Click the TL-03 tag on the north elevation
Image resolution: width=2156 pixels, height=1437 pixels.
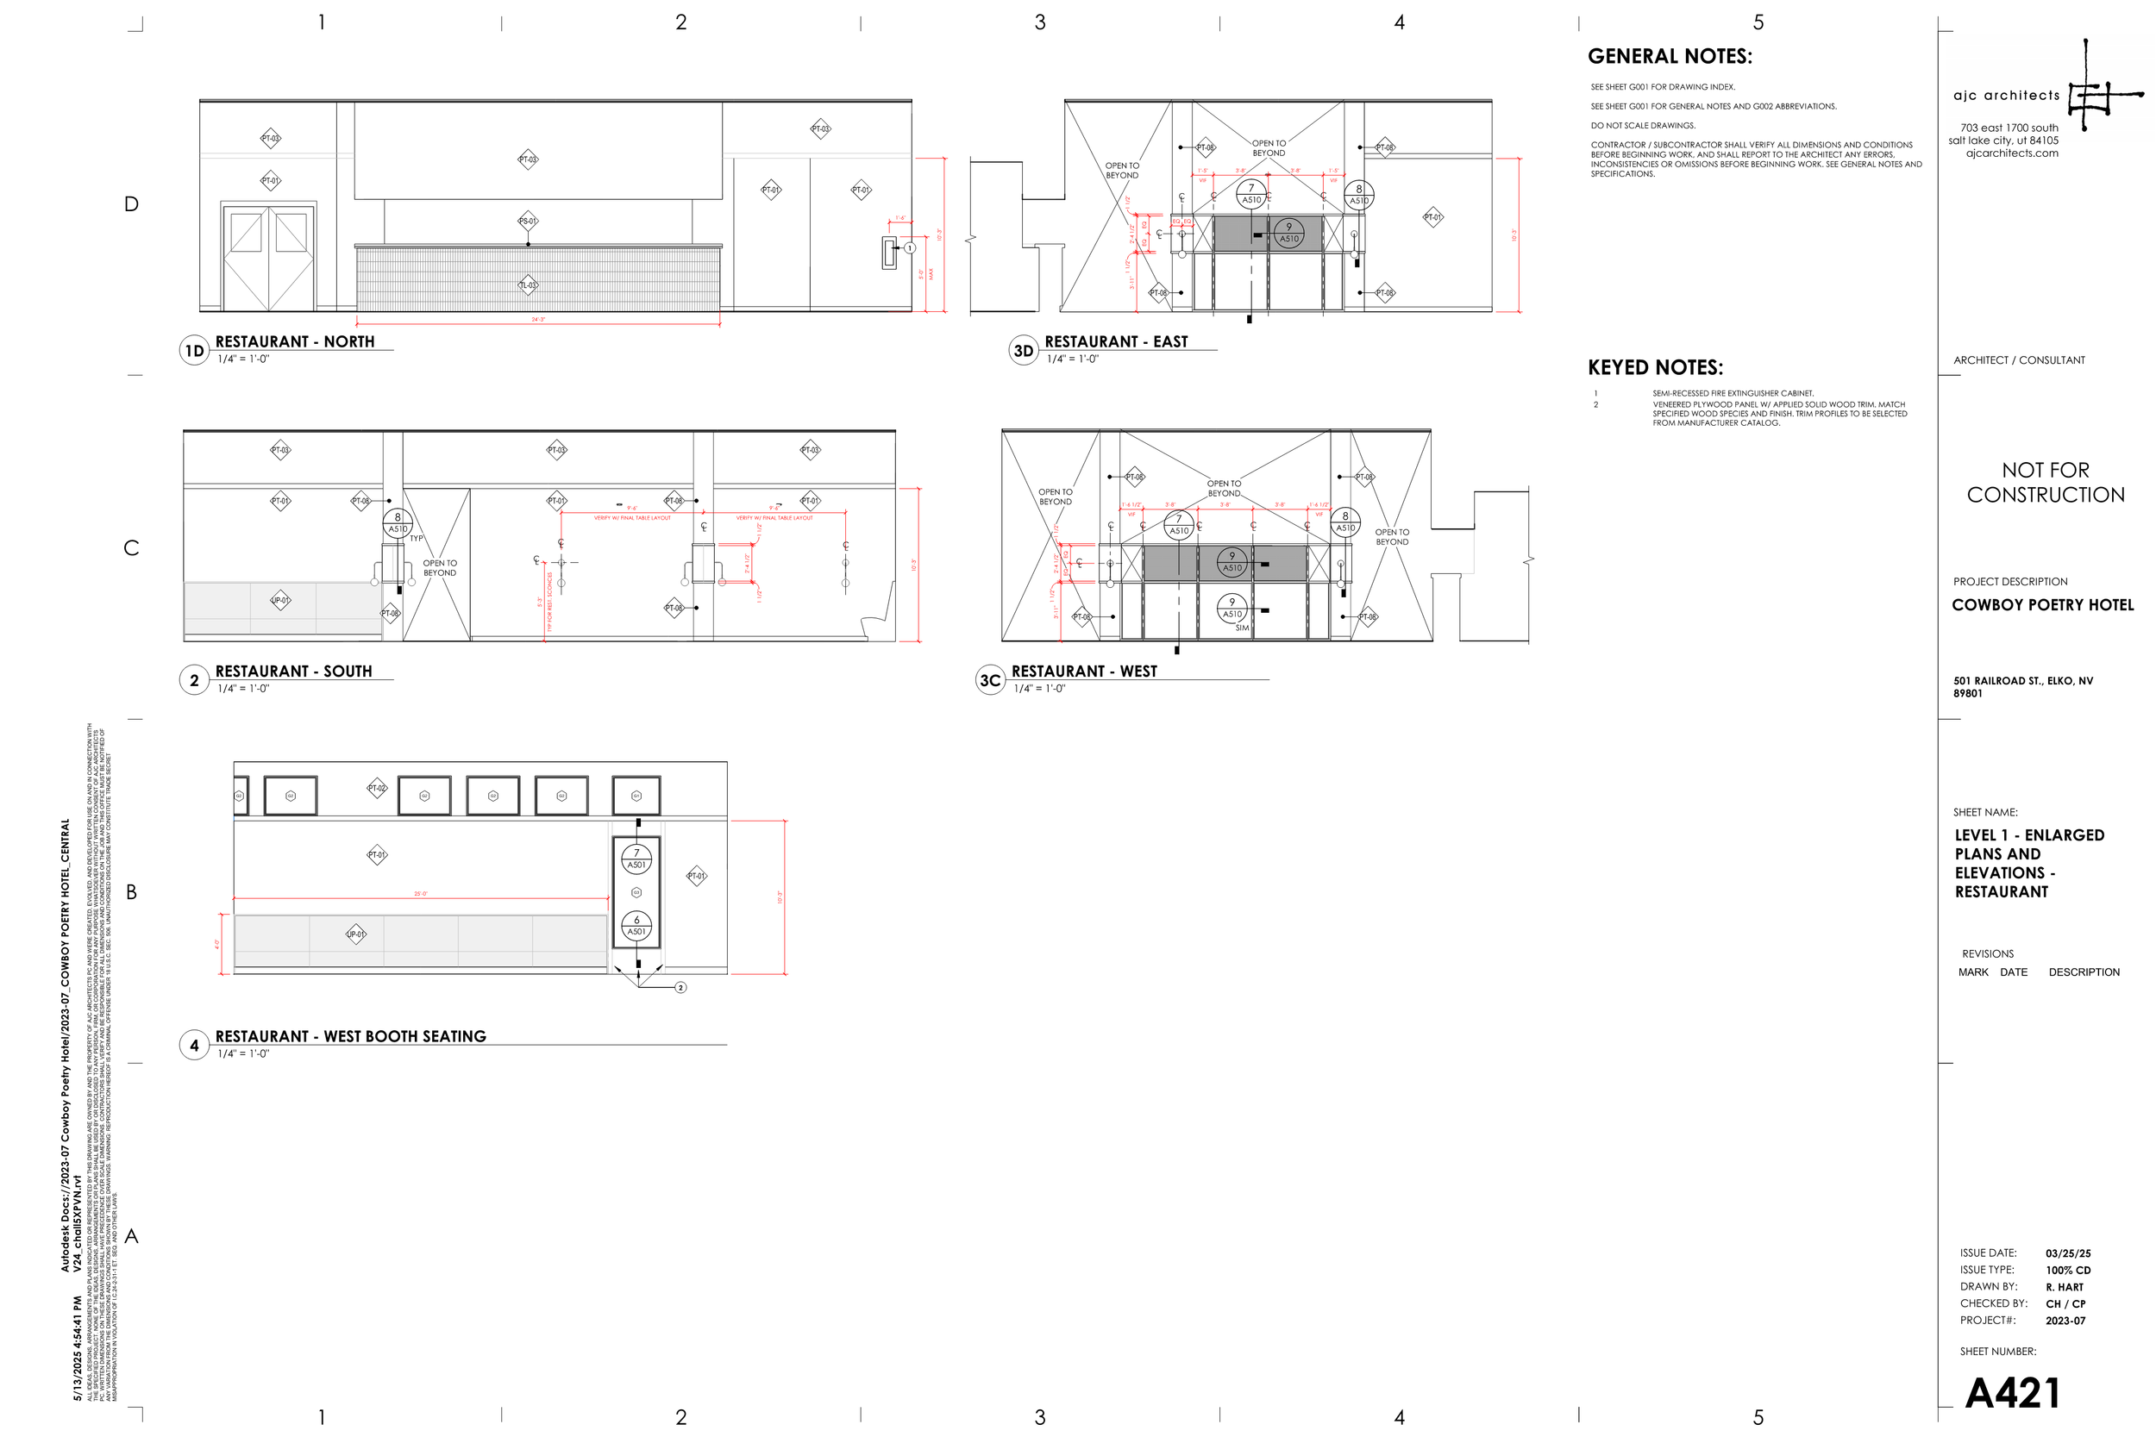tap(528, 285)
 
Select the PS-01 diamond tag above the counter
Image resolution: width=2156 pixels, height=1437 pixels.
tap(528, 221)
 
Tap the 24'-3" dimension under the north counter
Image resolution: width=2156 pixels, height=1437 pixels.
tap(538, 320)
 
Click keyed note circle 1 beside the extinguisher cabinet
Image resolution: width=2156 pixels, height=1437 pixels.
tap(909, 248)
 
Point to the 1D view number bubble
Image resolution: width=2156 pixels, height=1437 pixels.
tap(194, 351)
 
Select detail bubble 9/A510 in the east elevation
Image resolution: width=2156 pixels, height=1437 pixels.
tap(1288, 233)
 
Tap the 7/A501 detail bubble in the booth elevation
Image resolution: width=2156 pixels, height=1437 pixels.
tap(636, 859)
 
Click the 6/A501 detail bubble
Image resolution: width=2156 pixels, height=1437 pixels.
tap(636, 926)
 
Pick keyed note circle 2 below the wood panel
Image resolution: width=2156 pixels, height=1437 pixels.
tap(680, 987)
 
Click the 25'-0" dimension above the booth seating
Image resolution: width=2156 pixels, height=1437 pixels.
tap(421, 894)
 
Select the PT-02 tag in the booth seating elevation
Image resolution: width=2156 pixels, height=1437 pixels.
tap(377, 788)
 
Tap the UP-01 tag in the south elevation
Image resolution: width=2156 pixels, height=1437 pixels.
tap(280, 600)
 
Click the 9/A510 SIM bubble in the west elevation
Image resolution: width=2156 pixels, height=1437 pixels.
tap(1232, 609)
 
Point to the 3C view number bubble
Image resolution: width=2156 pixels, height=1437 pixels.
tap(990, 681)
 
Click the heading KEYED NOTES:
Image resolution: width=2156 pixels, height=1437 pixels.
tap(1655, 367)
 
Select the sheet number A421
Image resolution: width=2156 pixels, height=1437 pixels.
tap(2013, 1394)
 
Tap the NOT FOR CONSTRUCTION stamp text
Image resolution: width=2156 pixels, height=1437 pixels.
tap(2045, 483)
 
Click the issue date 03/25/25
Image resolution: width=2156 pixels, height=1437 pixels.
tap(2068, 1253)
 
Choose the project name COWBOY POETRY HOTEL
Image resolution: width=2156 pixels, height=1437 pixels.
tap(2042, 605)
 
